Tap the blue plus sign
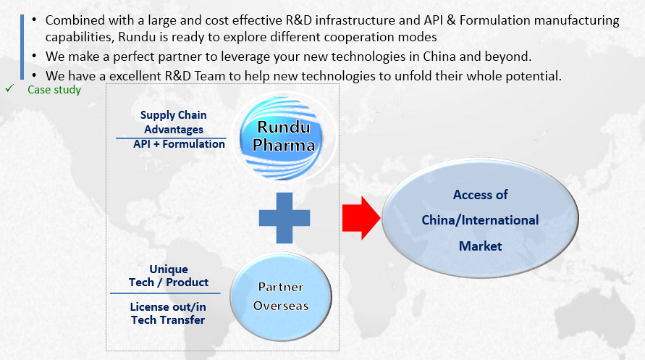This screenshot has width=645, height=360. pos(284,217)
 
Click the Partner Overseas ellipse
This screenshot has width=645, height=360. pos(281,296)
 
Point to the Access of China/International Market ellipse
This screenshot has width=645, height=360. pos(480,220)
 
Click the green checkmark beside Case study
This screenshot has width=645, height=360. pos(9,89)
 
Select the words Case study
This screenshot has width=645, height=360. pos(54,90)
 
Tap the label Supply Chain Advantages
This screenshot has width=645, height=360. pos(174,122)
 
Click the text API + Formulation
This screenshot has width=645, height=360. pos(179,144)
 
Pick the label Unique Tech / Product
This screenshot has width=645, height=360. pos(169,276)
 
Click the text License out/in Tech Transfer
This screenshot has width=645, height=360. pos(168,314)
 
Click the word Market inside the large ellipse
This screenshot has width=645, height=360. pos(480,246)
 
